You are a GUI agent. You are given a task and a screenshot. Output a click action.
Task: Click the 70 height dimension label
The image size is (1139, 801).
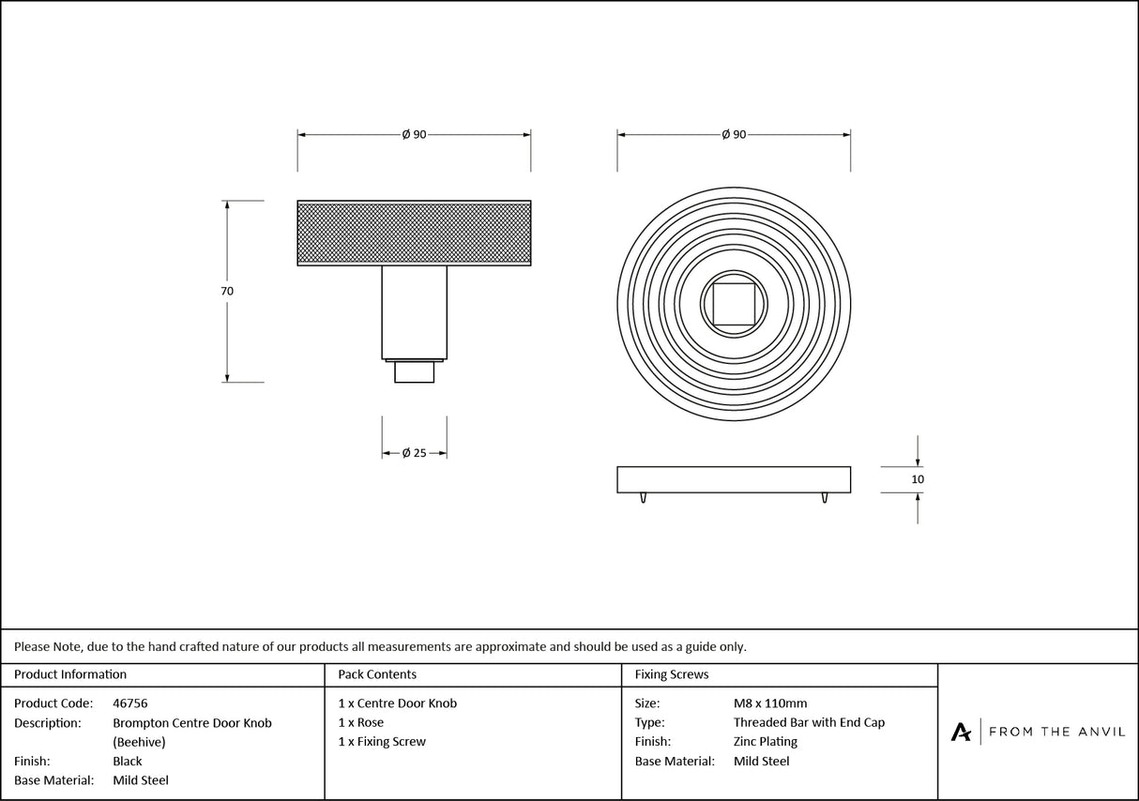point(227,292)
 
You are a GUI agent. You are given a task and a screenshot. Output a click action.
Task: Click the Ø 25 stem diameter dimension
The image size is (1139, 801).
point(414,453)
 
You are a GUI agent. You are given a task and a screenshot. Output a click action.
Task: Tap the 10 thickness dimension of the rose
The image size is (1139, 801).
point(918,479)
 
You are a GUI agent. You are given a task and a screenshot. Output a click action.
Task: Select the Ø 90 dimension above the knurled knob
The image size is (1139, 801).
point(414,135)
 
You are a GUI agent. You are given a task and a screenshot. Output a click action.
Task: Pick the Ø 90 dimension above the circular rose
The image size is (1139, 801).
point(734,135)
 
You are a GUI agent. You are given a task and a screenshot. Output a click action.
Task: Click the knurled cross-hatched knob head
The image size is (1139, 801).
point(414,233)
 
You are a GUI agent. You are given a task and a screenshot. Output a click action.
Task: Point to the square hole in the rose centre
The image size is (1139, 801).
point(734,302)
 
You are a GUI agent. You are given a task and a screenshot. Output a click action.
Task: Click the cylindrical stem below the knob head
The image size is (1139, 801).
point(414,312)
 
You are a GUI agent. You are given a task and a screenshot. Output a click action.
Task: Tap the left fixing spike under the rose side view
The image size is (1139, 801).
point(644,497)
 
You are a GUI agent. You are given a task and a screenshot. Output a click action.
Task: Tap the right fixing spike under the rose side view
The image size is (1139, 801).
point(824,497)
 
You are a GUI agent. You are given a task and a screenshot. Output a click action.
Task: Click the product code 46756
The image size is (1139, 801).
point(129,703)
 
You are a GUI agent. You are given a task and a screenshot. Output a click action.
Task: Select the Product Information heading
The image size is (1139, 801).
point(70,674)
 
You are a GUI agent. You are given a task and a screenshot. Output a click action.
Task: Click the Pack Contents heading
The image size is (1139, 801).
point(377,674)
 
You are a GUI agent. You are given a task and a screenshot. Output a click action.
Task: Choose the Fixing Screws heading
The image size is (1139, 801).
point(672,674)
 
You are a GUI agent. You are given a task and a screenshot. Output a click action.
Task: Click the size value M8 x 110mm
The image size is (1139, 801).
point(770,703)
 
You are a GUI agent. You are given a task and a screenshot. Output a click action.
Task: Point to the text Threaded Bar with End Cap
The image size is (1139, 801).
point(809,722)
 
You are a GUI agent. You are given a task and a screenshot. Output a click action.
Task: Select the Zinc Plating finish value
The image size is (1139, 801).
point(766,742)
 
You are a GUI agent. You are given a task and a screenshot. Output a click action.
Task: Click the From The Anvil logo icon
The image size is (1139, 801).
point(961,732)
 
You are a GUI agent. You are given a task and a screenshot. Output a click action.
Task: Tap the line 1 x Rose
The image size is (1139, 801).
point(361,722)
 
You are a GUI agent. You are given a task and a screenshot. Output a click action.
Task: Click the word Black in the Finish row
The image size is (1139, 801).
point(128,762)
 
